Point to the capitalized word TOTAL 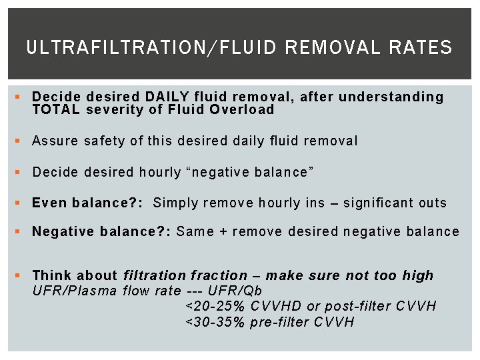[56, 110]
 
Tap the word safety [107, 141]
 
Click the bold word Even [49, 203]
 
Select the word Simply [175, 203]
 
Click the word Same [195, 231]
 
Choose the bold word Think [51, 275]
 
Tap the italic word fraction [219, 275]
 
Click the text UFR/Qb [235, 291]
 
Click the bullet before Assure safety [17, 141]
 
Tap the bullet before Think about [17, 275]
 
